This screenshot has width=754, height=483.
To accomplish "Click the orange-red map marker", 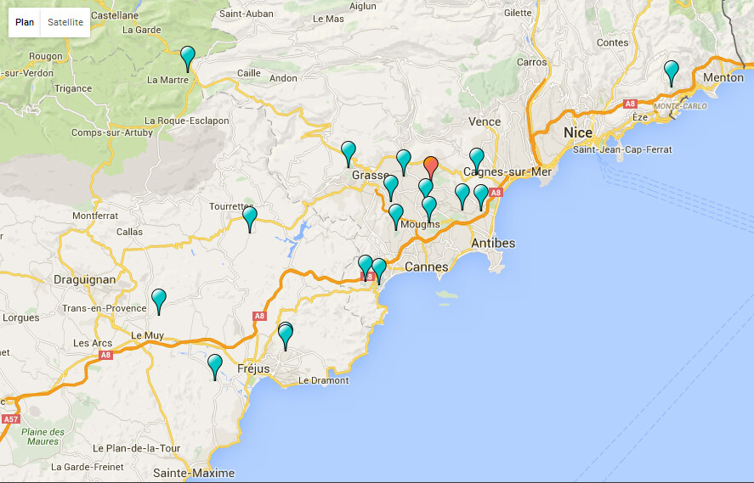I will click(x=431, y=166).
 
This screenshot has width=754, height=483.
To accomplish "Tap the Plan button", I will click(x=25, y=22).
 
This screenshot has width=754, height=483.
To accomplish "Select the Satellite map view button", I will click(x=65, y=22).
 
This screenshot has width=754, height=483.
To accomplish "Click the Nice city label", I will click(x=578, y=132).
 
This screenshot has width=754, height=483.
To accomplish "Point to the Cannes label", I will click(x=426, y=267).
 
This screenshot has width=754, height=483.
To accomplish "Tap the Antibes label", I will click(x=492, y=244).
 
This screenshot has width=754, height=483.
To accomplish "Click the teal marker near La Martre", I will click(x=189, y=58).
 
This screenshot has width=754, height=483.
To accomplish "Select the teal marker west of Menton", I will click(x=672, y=71).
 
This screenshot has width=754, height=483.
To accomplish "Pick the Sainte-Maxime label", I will click(x=188, y=473).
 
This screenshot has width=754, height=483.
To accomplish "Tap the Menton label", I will click(x=723, y=77).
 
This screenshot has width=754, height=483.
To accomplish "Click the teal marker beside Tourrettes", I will click(x=250, y=218).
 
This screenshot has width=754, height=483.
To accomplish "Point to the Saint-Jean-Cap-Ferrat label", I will click(x=622, y=150).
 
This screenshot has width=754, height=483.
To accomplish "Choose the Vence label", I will click(x=485, y=121).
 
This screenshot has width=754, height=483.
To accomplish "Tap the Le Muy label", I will click(x=147, y=335).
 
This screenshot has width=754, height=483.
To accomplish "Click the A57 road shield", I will click(x=10, y=419).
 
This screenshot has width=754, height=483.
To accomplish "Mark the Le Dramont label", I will click(x=323, y=380).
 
